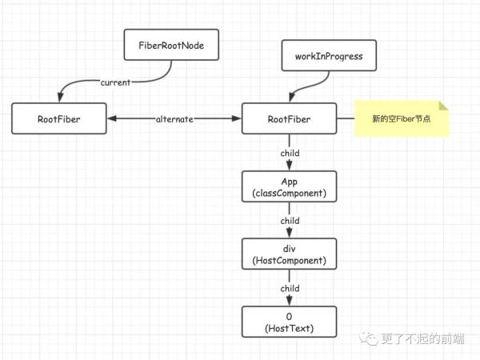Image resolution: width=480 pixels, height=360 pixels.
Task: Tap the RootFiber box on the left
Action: pyautogui.click(x=58, y=119)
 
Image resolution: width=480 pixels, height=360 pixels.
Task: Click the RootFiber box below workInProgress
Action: pyautogui.click(x=290, y=119)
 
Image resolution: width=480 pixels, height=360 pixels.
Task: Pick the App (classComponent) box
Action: pyautogui.click(x=290, y=187)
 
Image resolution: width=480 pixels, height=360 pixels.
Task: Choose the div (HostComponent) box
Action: pyautogui.click(x=290, y=254)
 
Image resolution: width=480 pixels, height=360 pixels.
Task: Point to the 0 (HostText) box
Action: pyautogui.click(x=290, y=322)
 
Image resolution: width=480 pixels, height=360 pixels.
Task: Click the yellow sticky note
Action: pyautogui.click(x=402, y=119)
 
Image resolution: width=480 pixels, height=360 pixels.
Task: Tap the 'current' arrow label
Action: pyautogui.click(x=115, y=82)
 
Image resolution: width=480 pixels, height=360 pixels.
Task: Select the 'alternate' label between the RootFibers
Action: pyautogui.click(x=174, y=119)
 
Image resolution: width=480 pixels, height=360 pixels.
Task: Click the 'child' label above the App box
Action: pyautogui.click(x=290, y=153)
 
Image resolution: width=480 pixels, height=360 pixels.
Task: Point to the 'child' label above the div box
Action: pyautogui.click(x=290, y=221)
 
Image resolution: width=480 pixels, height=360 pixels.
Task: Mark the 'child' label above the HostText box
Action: pyautogui.click(x=290, y=288)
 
